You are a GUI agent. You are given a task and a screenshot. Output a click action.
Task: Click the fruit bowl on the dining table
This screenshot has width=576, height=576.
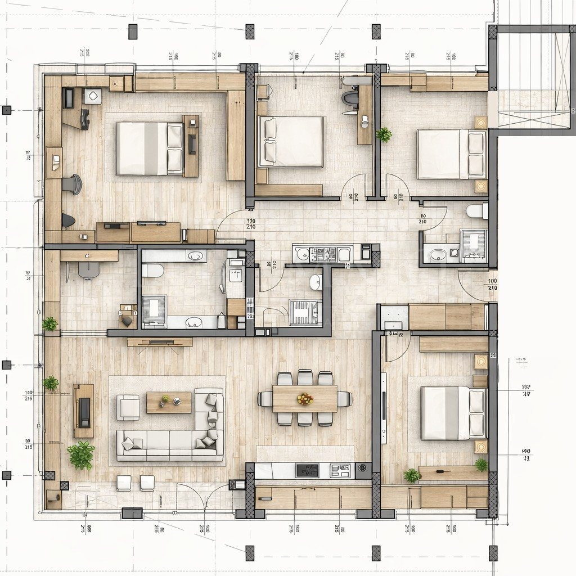click(x=305, y=399)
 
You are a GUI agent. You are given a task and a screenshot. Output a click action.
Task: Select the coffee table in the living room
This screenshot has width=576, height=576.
click(x=169, y=402)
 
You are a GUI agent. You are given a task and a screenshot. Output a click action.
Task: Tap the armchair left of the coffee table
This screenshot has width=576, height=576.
click(x=128, y=407)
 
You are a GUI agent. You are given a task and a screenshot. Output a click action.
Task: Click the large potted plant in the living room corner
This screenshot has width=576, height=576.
click(x=82, y=455)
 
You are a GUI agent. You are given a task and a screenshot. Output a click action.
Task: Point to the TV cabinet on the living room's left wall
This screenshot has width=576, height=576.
click(x=83, y=411)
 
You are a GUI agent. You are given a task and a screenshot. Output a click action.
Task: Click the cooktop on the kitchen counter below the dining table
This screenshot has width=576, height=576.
click(x=307, y=470)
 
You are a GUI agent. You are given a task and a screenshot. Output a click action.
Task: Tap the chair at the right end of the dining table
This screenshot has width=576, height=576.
click(x=344, y=399)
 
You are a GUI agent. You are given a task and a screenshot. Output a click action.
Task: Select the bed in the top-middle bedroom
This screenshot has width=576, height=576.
click(x=291, y=142)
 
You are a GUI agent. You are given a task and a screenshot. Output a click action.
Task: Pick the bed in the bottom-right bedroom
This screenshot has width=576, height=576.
click(x=453, y=413)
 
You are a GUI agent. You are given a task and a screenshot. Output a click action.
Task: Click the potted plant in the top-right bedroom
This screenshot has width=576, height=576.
click(x=384, y=134)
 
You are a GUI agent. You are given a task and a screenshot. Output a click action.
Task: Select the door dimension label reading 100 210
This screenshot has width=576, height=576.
click(x=492, y=284)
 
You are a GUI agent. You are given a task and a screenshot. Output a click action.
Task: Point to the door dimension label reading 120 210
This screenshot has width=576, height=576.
click(x=251, y=223)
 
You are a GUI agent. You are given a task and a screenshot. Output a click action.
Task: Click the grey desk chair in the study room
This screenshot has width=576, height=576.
click(x=88, y=271)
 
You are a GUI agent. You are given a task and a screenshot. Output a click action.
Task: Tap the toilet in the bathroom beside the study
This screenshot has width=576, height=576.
click(x=152, y=271)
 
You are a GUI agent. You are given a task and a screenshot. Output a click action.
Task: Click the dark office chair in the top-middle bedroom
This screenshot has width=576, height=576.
click(x=350, y=98)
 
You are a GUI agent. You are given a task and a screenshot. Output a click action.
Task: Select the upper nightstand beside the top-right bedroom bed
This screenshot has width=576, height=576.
click(x=481, y=122)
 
